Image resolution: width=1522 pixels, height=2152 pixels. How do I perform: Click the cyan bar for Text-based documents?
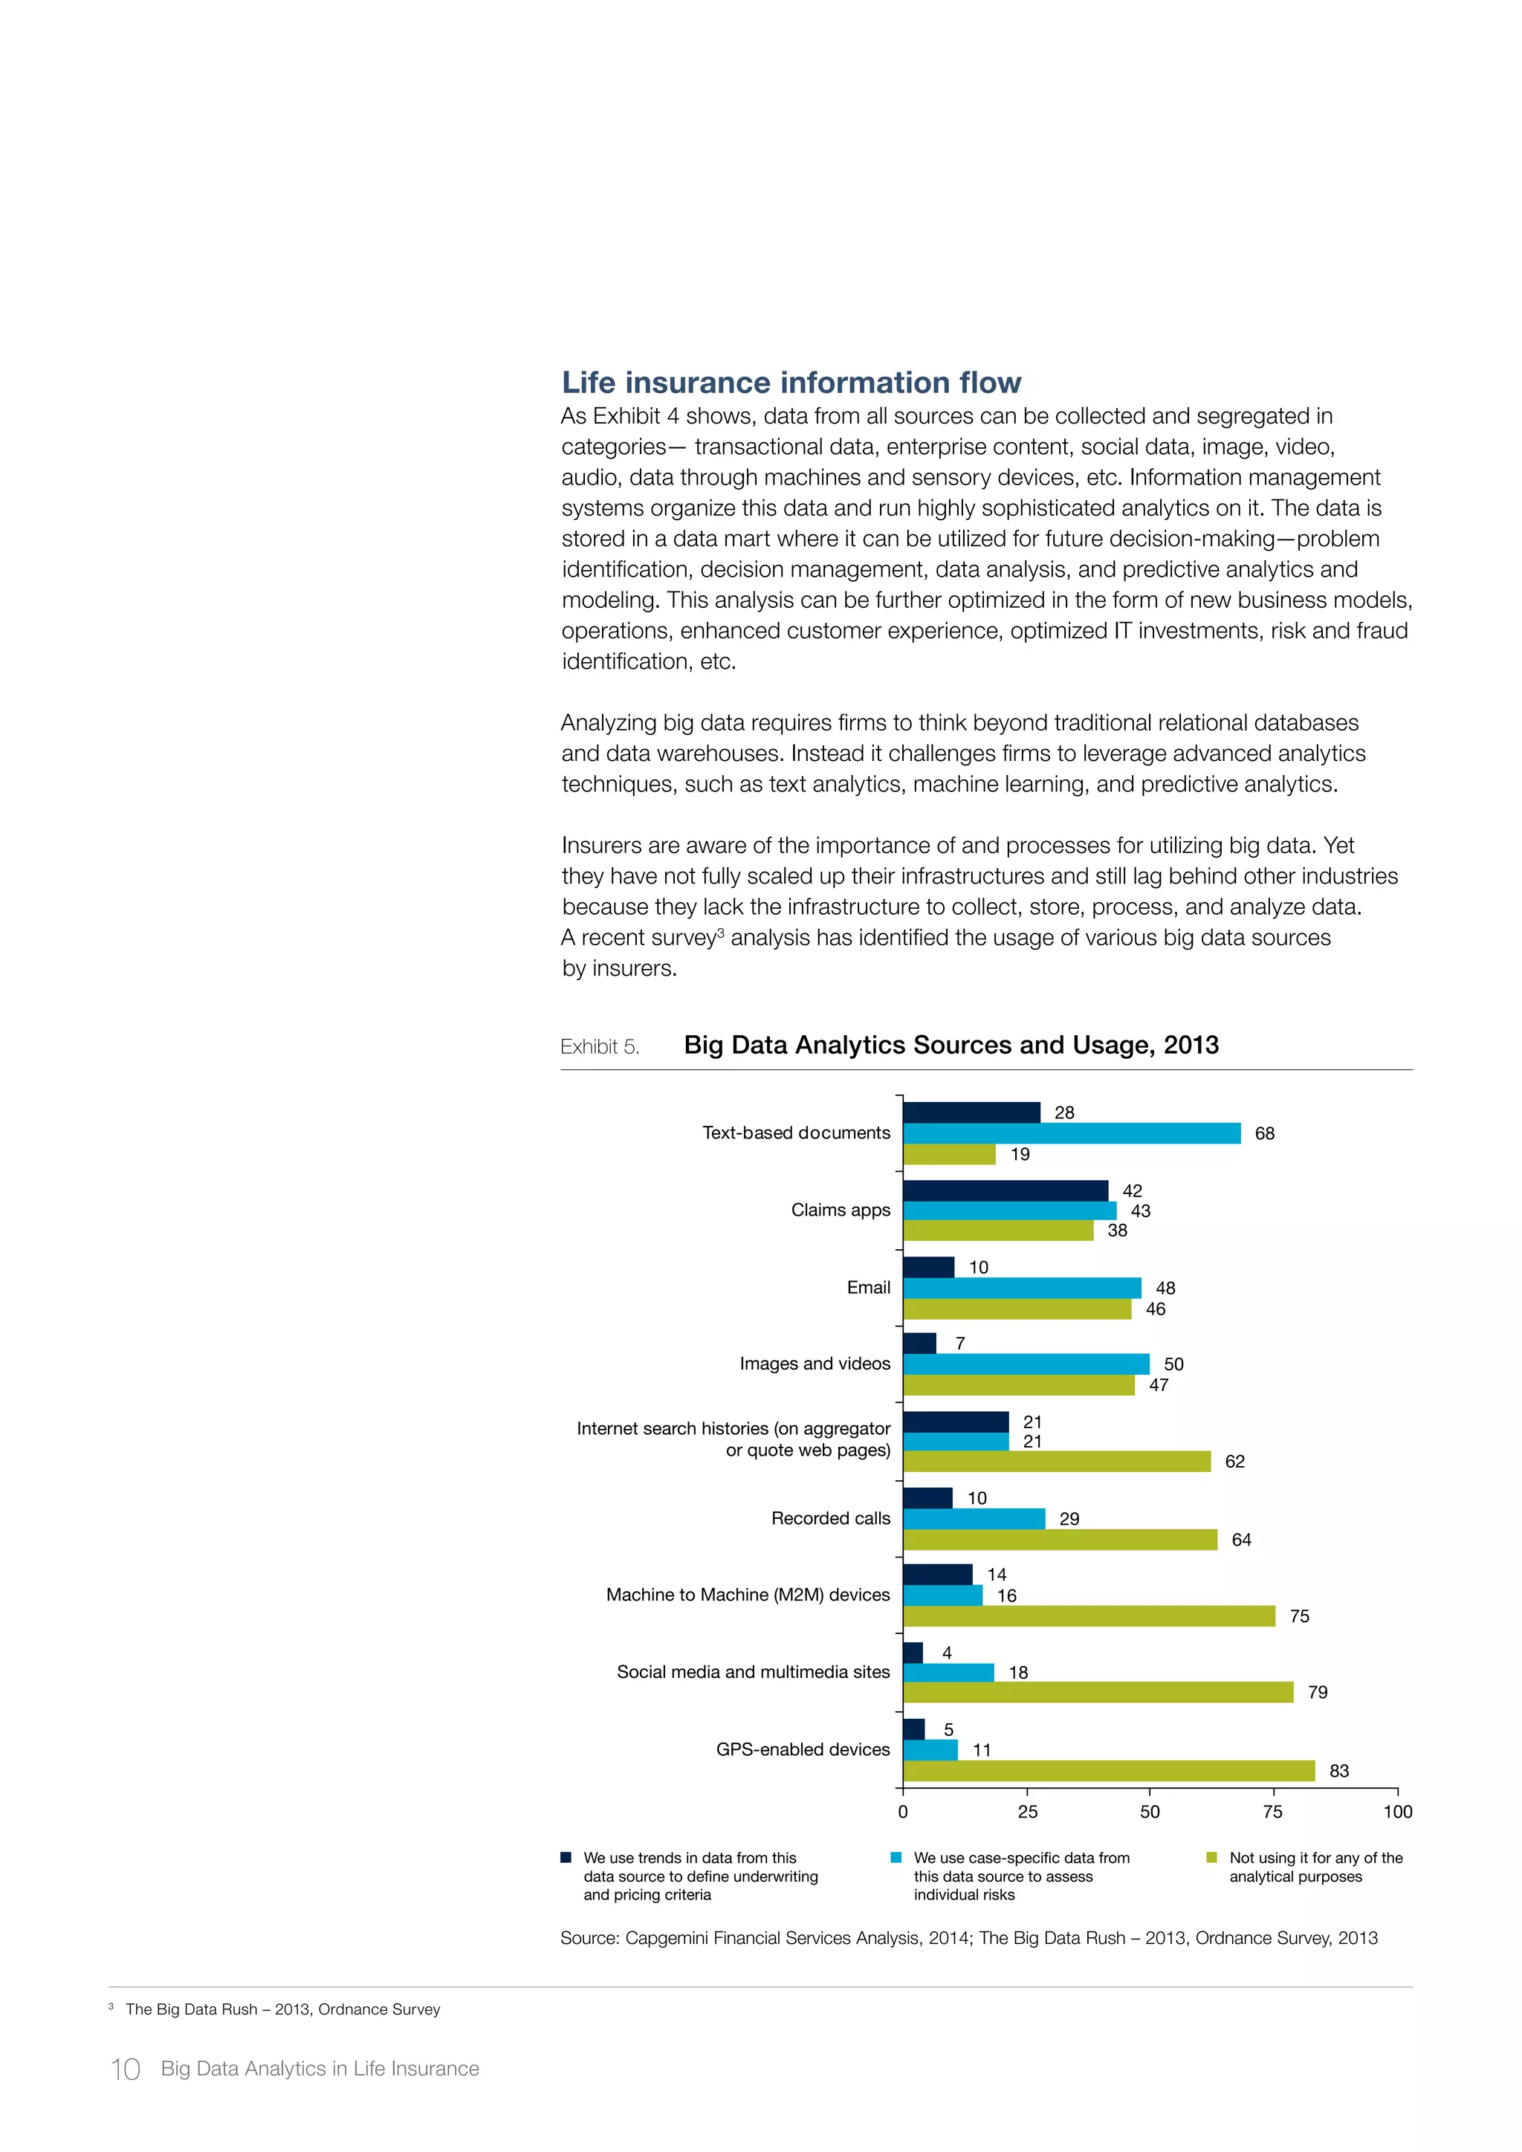(1071, 1133)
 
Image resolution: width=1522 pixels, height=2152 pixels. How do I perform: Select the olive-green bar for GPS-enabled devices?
(1109, 1771)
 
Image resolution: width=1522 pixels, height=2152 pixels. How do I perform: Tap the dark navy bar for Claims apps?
(1005, 1190)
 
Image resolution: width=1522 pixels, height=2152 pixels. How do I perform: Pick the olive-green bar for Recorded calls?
(1060, 1539)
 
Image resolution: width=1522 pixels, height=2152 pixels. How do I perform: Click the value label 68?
(1264, 1133)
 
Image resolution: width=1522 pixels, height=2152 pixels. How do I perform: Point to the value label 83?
(1338, 1771)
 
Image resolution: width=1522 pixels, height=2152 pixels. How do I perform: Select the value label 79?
(1317, 1692)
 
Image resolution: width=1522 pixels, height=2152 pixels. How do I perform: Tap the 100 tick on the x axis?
(1396, 1812)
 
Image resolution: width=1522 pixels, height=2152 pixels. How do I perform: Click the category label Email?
(868, 1287)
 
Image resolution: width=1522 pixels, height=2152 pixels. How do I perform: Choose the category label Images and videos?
(815, 1363)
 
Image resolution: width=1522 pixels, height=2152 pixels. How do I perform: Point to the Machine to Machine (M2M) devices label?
(748, 1595)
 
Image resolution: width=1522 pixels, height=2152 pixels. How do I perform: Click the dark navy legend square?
(566, 1858)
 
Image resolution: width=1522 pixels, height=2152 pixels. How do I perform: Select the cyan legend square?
(896, 1858)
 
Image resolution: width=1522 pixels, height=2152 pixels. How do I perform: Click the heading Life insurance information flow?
(791, 383)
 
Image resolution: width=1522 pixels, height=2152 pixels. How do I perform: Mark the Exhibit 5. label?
(600, 1047)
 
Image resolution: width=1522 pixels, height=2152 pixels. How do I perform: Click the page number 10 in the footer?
(126, 2069)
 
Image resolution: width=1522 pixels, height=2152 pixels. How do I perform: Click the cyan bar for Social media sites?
(948, 1672)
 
